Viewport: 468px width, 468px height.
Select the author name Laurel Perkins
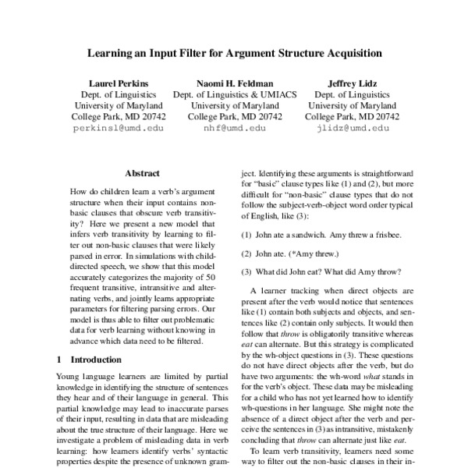pyautogui.click(x=118, y=82)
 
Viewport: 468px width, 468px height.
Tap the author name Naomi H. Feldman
pyautogui.click(x=234, y=82)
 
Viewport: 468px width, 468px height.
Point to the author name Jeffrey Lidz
pyautogui.click(x=352, y=82)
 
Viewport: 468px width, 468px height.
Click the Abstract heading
pyautogui.click(x=142, y=175)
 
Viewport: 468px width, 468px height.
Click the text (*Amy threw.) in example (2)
pyautogui.click(x=326, y=253)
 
